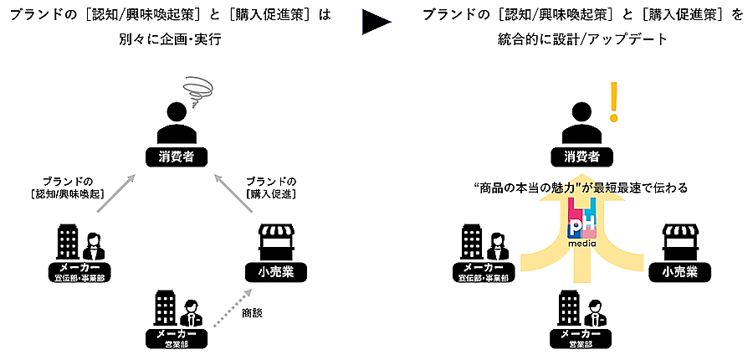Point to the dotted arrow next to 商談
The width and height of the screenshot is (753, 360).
click(231, 314)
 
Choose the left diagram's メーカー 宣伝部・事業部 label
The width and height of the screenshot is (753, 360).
click(79, 271)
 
